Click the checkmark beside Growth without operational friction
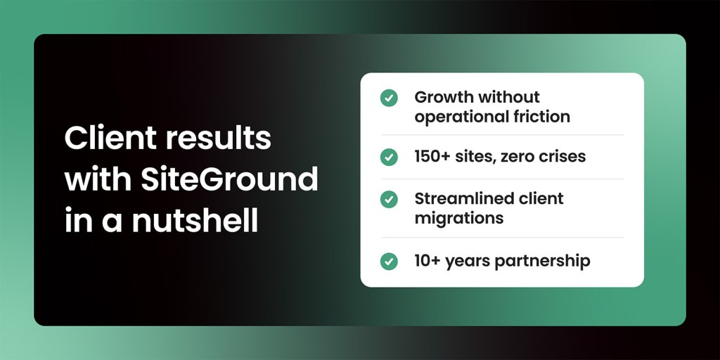pos(389,98)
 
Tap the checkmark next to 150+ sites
pos(389,157)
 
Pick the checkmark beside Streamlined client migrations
pos(389,199)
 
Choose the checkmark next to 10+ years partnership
pos(389,262)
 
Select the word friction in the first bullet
pos(541,117)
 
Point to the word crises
pos(560,157)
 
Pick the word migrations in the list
pos(459,218)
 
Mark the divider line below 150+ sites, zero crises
pos(502,179)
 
